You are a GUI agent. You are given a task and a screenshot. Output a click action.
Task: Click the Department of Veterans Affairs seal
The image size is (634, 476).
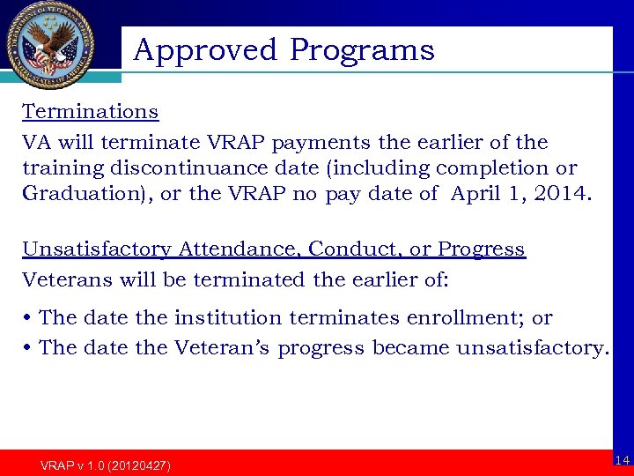(x=50, y=45)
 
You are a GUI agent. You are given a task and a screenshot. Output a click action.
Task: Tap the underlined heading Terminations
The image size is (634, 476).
(x=90, y=112)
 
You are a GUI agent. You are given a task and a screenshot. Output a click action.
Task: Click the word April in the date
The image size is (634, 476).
(x=475, y=193)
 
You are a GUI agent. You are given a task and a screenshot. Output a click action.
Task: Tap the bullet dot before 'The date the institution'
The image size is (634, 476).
(x=28, y=318)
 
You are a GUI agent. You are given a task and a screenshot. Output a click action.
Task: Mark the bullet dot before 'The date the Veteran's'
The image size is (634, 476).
(x=28, y=348)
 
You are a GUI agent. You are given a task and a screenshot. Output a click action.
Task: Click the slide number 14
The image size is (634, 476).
(x=622, y=460)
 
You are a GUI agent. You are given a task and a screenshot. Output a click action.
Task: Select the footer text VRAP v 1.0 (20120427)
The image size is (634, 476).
(x=106, y=465)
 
